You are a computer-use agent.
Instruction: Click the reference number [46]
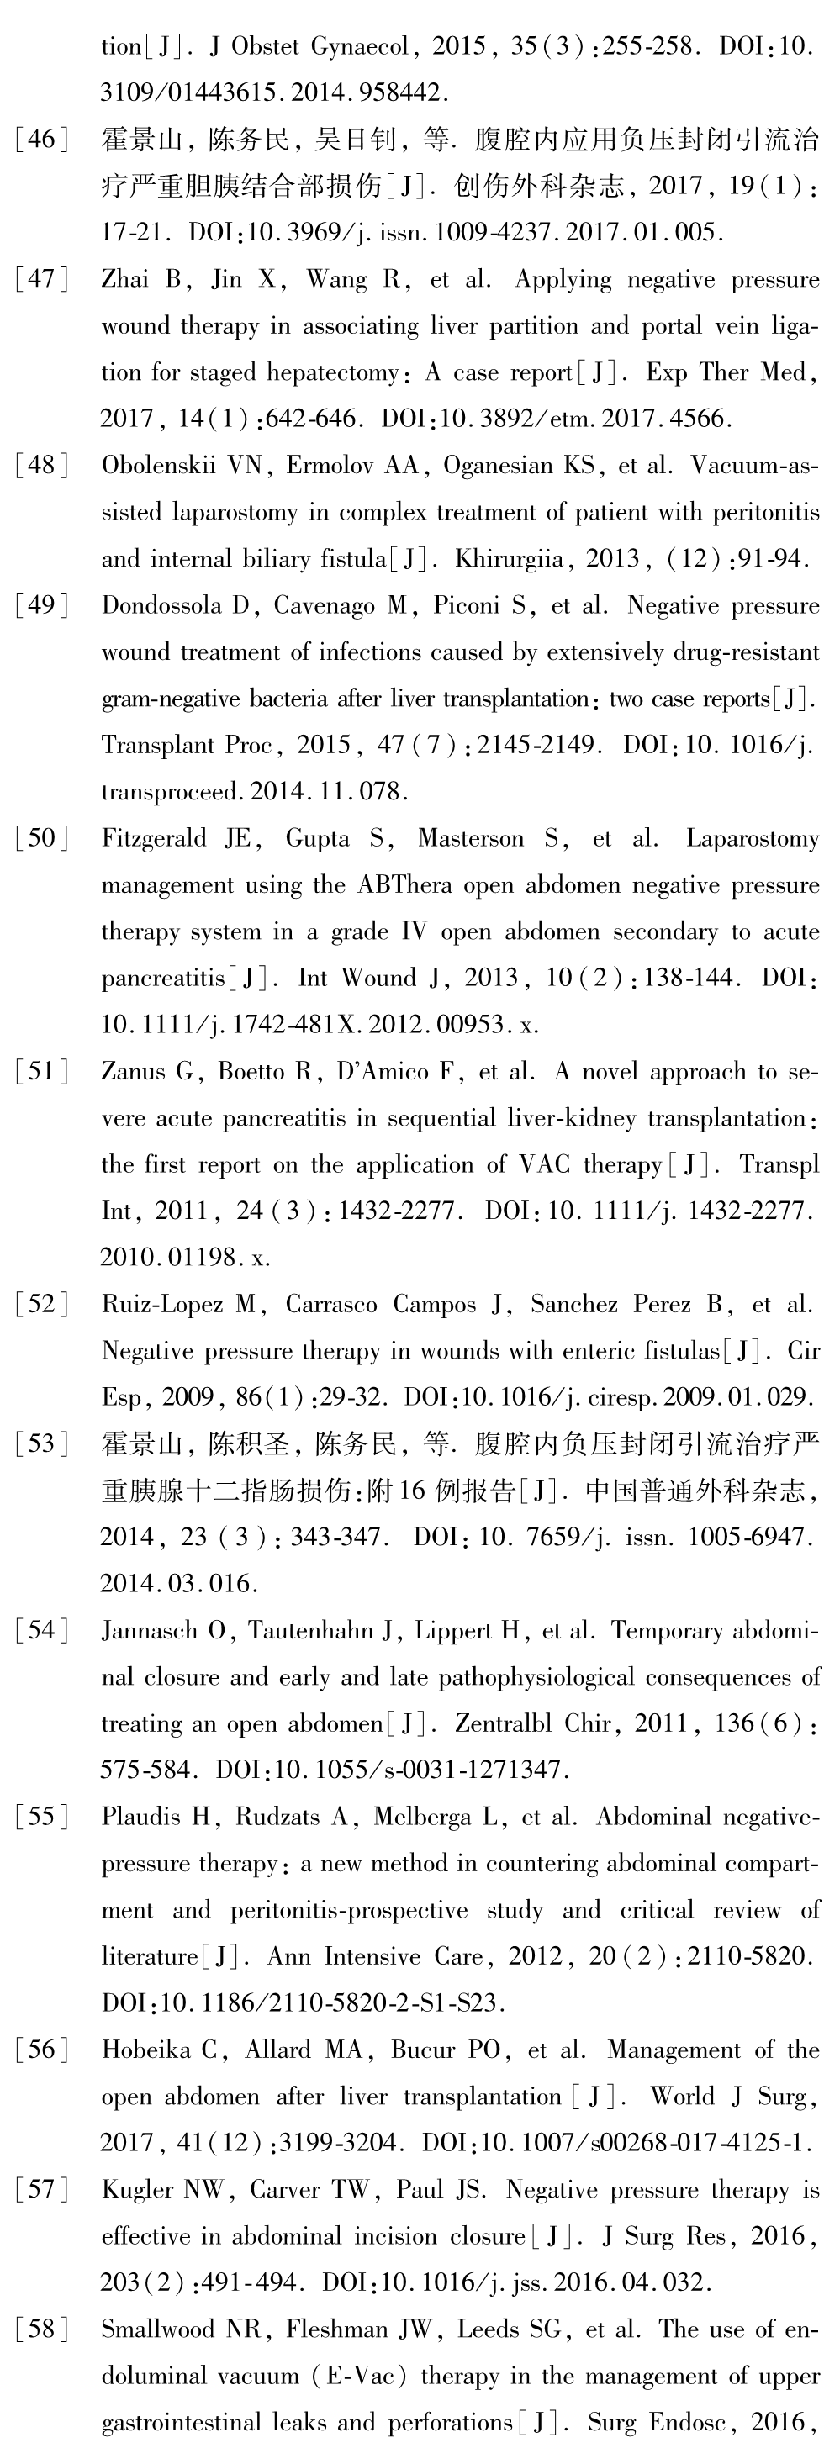click(x=42, y=140)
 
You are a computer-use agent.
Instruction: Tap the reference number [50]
click(x=42, y=839)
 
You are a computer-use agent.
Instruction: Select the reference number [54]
click(x=42, y=1631)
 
